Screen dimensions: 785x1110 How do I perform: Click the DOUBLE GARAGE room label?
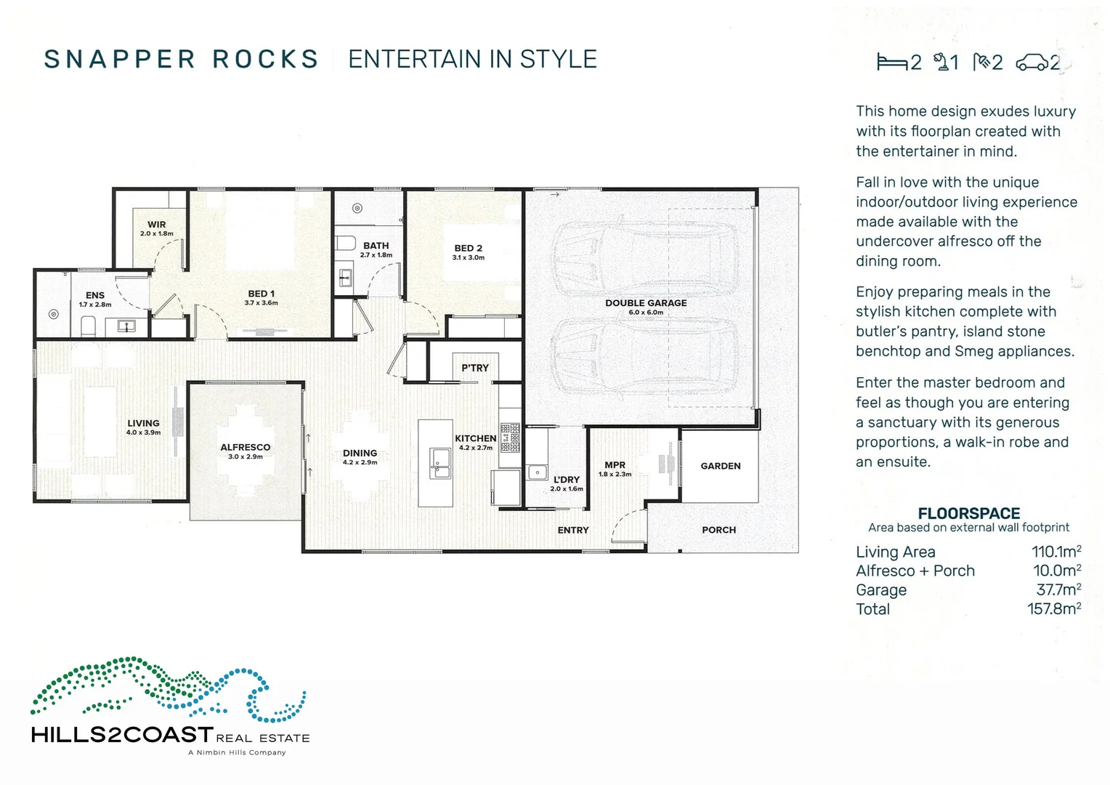tap(646, 303)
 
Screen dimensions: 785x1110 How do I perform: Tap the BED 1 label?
tap(261, 294)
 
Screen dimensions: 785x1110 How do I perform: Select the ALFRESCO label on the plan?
tap(246, 448)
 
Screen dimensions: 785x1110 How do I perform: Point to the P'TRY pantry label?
tap(475, 368)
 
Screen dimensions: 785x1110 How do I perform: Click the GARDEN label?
tap(721, 466)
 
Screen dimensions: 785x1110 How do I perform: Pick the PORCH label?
tap(718, 530)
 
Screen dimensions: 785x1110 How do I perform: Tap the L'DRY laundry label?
tap(567, 480)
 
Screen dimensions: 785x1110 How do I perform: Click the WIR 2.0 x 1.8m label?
tap(156, 229)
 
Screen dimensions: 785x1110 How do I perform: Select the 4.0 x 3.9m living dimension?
tap(143, 432)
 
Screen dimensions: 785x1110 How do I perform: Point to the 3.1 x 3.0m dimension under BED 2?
tap(469, 258)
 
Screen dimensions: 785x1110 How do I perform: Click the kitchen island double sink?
tap(440, 464)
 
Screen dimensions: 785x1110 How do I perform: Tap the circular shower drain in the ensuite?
tap(54, 314)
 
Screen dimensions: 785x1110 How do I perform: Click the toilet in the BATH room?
tap(346, 242)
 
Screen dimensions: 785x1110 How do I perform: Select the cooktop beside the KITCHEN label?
tap(510, 438)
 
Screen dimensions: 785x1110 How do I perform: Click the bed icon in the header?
tap(891, 62)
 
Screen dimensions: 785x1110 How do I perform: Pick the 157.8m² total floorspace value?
tap(1053, 609)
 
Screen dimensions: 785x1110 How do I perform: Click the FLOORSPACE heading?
tap(968, 513)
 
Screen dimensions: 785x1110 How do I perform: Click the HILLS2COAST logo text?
tap(122, 735)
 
